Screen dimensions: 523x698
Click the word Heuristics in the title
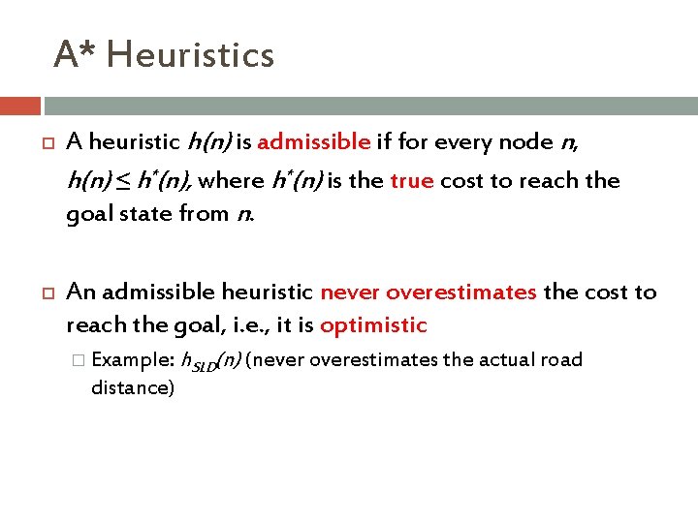pos(190,54)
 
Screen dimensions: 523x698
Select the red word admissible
pos(314,143)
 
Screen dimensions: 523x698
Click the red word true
pos(411,180)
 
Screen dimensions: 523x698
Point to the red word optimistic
pos(373,325)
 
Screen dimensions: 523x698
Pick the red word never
pos(348,292)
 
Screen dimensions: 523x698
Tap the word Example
pos(131,360)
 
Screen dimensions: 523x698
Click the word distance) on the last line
pos(133,387)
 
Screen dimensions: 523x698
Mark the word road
pos(563,360)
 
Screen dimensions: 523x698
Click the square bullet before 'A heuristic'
pos(45,143)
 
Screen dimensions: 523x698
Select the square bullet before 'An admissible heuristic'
pos(45,292)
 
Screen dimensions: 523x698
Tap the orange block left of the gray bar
pos(20,106)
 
